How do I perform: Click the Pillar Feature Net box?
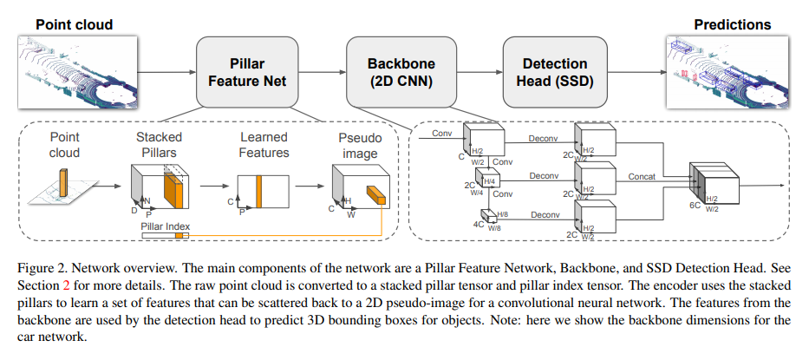pos(252,72)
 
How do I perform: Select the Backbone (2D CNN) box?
pos(401,72)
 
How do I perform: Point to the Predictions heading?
pos(736,25)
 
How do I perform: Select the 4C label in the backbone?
pos(479,224)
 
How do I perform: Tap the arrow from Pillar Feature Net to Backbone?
pos(328,72)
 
